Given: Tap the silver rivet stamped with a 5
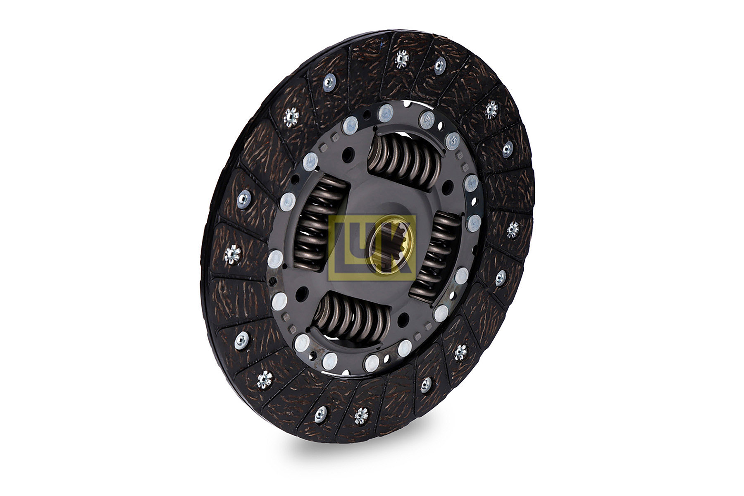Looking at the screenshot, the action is (453, 141).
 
